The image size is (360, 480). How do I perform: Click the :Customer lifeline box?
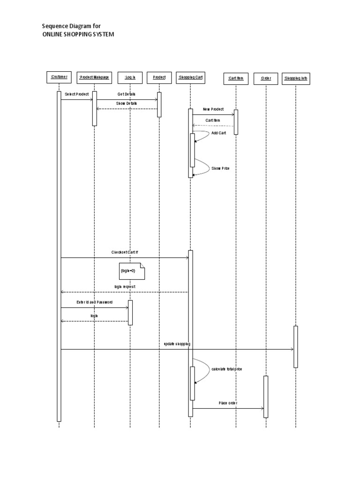coord(59,77)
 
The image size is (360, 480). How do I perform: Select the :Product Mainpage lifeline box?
coord(94,77)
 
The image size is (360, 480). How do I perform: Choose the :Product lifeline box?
coord(159,77)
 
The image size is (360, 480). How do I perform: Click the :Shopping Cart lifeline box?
coord(190,77)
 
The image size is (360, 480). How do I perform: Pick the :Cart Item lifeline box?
coord(236,78)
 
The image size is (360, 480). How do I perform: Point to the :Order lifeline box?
coord(266,78)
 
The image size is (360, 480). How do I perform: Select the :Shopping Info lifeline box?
coord(296,78)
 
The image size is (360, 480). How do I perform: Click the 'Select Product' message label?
coord(77,94)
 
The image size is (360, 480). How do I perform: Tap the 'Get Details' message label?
coord(127,94)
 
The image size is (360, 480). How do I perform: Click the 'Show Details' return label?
coord(127,103)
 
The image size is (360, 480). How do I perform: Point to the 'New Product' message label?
coord(213,109)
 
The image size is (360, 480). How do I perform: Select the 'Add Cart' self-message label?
coord(218,133)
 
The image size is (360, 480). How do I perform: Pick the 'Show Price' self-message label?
coord(220,168)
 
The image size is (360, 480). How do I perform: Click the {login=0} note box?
coord(132,271)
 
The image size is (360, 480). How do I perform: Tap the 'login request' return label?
coord(125,286)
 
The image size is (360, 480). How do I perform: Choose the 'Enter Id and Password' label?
coord(94,302)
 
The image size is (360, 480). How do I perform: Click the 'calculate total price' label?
coord(227,369)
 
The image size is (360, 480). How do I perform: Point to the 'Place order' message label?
coord(228,403)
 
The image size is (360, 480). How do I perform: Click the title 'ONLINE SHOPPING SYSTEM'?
coord(78,34)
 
